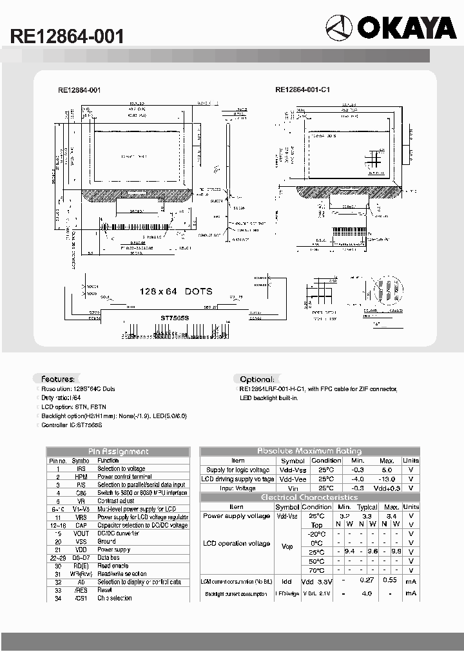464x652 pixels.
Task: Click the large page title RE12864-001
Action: pos(67,37)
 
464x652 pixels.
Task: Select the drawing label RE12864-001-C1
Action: pos(302,90)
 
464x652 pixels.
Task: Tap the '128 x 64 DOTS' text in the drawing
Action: pos(175,292)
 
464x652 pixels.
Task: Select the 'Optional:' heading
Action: pos(257,379)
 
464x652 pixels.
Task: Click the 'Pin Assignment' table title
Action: pos(118,452)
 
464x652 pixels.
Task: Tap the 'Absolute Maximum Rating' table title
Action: pos(309,451)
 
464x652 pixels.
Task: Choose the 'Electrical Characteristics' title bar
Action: pos(309,497)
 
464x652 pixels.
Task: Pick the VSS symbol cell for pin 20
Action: pos(81,541)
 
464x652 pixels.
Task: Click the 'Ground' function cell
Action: pos(107,541)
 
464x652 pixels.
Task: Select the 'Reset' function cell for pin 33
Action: pos(105,590)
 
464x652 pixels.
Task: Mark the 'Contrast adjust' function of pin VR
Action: pos(116,501)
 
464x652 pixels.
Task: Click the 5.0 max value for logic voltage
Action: pos(387,470)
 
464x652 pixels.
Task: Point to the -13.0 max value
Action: pos(387,479)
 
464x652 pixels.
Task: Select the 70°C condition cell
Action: pos(316,570)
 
